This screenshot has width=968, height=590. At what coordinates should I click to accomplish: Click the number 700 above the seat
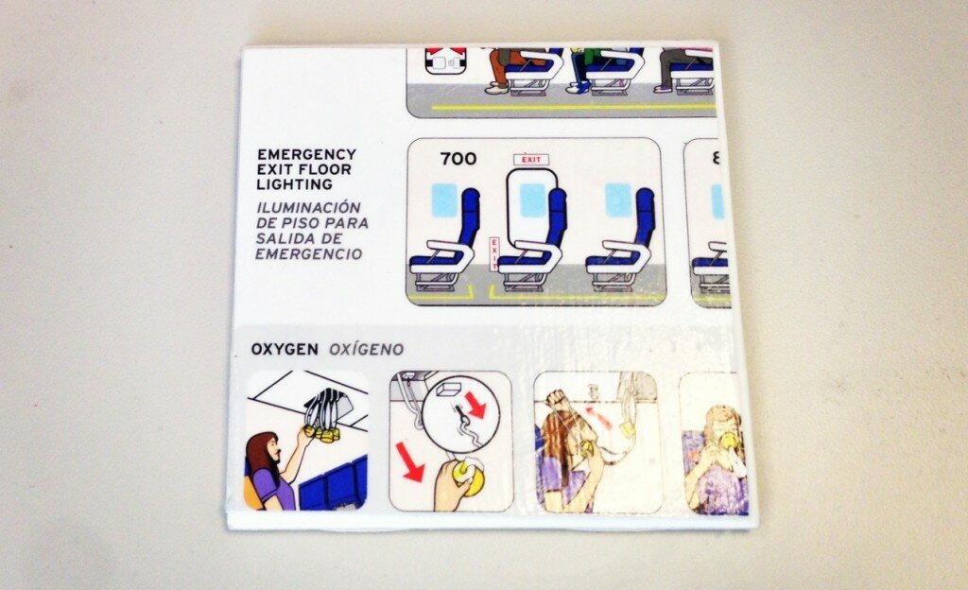click(x=458, y=159)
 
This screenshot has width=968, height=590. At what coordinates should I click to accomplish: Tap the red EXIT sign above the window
click(x=531, y=160)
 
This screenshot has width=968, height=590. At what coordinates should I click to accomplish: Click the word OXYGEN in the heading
click(x=285, y=349)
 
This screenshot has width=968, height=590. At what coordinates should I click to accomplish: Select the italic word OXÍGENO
click(x=366, y=350)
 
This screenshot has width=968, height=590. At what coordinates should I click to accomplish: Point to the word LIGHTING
click(x=295, y=184)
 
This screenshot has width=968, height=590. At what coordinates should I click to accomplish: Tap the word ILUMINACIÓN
click(x=308, y=207)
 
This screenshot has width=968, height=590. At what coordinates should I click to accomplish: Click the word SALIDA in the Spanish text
click(x=282, y=238)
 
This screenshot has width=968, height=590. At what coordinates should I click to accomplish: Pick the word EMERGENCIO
click(x=309, y=253)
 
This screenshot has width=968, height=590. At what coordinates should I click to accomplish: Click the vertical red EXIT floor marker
click(x=494, y=254)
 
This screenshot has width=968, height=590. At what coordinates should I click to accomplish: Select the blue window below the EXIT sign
click(x=533, y=200)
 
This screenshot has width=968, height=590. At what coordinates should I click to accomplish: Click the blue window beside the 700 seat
click(x=444, y=200)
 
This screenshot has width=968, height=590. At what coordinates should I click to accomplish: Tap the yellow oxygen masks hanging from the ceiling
click(x=323, y=433)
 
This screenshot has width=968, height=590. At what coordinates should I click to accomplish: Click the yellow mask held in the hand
click(x=470, y=479)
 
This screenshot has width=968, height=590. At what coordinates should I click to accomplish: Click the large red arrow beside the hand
click(x=409, y=460)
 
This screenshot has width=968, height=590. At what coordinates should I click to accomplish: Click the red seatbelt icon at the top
click(x=444, y=61)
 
